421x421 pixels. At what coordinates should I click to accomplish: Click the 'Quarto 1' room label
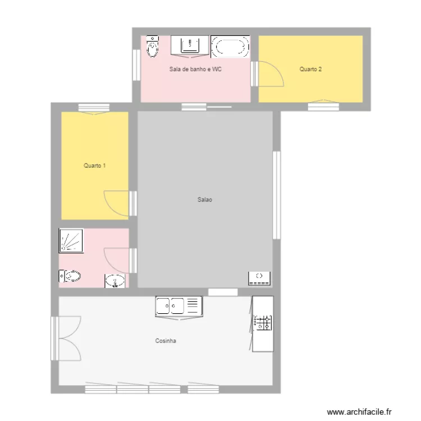(x=95, y=166)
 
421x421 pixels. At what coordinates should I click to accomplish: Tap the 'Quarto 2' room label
(x=310, y=70)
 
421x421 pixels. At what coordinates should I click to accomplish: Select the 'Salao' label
(x=204, y=199)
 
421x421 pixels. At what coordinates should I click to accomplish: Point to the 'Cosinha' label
(x=166, y=341)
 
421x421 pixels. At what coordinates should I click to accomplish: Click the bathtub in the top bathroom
(x=230, y=47)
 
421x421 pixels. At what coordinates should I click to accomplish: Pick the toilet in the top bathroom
(x=152, y=47)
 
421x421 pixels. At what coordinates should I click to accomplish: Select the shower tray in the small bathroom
(x=71, y=241)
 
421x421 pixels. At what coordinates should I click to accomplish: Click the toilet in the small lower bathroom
(x=70, y=276)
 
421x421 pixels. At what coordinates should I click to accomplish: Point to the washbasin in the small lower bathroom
(x=116, y=281)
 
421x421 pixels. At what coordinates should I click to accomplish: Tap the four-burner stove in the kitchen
(x=263, y=322)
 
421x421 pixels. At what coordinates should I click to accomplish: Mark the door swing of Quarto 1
(x=117, y=202)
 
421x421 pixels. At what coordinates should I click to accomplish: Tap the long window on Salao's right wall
(x=276, y=195)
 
